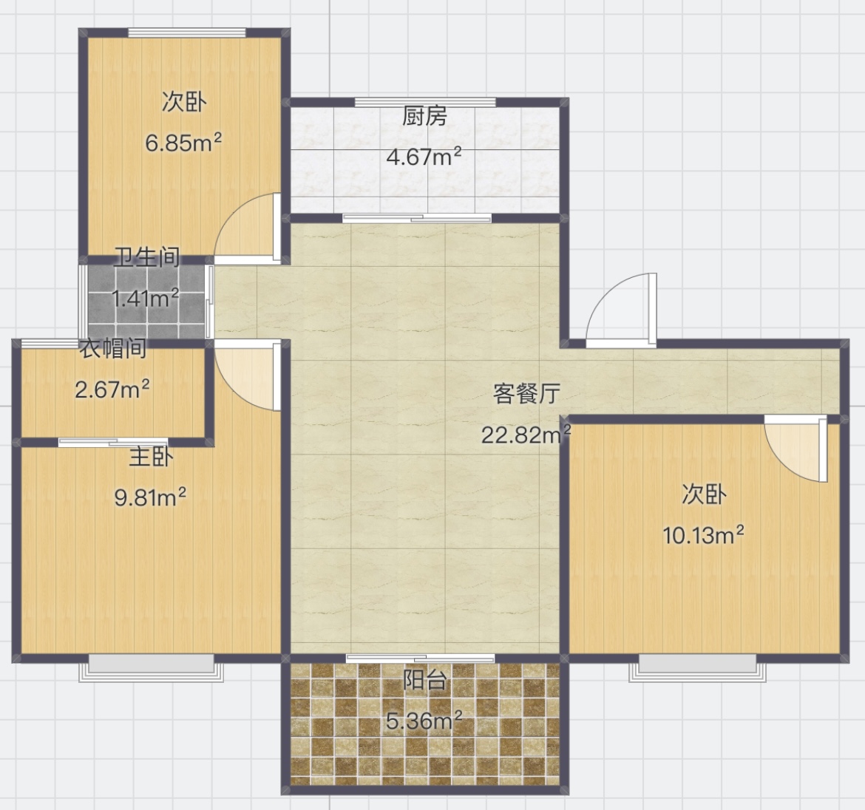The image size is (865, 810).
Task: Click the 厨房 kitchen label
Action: pos(424,117)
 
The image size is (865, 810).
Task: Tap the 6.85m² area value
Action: pos(183,143)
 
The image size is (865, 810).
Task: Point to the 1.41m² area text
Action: pos(145,299)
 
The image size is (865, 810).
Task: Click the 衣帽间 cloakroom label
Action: pos(114,349)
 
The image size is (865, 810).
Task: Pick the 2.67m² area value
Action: pos(112,389)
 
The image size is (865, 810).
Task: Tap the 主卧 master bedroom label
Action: pos(151,457)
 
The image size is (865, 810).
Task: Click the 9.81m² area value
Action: pos(150,497)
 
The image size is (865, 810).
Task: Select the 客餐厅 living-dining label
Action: pos(526,394)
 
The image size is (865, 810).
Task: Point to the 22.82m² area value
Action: pos(526,435)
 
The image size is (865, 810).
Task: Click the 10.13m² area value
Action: pos(703,535)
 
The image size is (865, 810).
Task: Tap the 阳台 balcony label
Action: pos(424,680)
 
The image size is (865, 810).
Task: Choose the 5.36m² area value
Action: pos(424,721)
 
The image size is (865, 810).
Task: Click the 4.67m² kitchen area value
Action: pos(424,157)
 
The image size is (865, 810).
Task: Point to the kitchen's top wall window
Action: pos(425,102)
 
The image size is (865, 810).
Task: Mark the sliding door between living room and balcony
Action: pos(420,658)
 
